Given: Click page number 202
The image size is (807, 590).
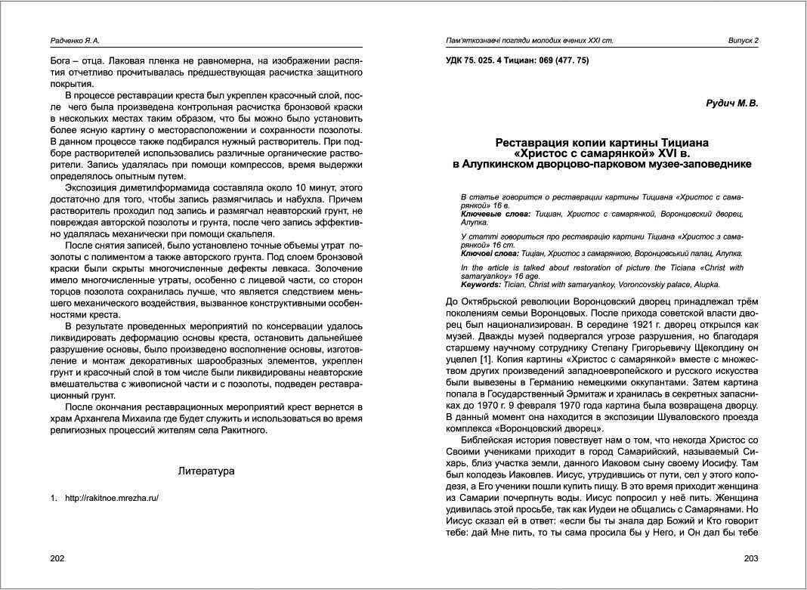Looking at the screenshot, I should pos(57,558).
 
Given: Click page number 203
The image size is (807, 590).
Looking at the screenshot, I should pos(750,558).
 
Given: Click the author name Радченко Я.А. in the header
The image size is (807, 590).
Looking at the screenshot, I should pos(75,40).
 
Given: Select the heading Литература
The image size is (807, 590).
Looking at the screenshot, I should pos(206,471).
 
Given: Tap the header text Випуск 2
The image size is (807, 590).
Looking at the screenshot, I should pos(743,40).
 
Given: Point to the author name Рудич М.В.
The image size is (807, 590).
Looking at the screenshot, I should pos(731,103).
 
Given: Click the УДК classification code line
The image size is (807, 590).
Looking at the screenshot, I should pos(518,60).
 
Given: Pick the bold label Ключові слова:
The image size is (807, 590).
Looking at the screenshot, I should pos(488,254).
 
